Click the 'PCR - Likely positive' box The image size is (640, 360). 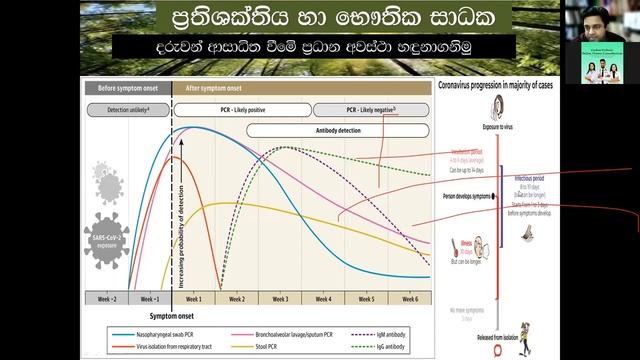pyautogui.click(x=242, y=108)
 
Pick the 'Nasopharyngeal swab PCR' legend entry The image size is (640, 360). pyautogui.click(x=163, y=333)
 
